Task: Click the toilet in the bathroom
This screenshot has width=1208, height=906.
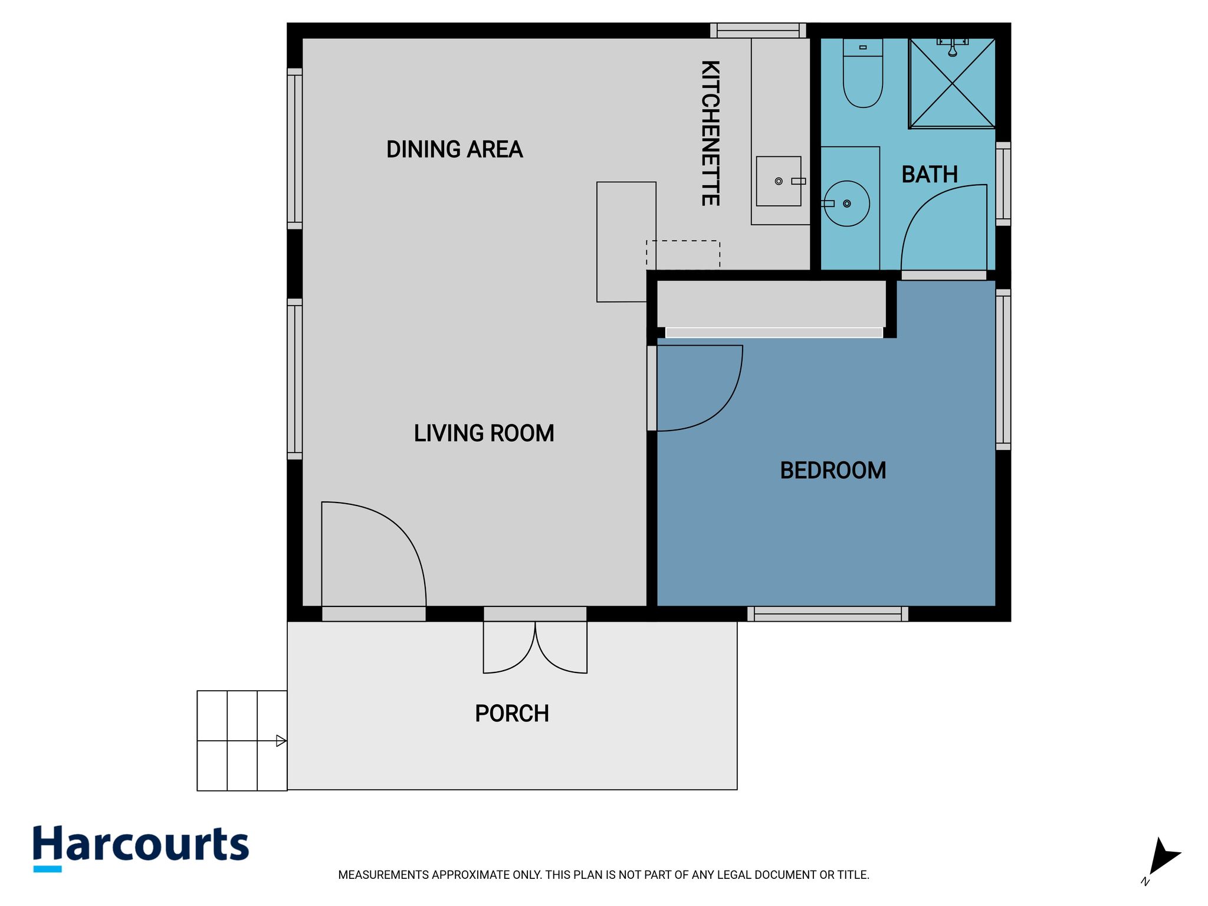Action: (863, 73)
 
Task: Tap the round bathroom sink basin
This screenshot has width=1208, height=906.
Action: (846, 203)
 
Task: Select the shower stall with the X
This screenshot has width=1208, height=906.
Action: (952, 83)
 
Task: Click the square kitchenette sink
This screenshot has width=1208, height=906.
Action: (779, 181)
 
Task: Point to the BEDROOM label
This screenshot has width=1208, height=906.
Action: (833, 471)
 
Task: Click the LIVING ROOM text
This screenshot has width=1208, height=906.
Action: (484, 434)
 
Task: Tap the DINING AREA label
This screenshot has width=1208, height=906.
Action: (454, 149)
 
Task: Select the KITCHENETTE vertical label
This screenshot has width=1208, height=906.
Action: (710, 133)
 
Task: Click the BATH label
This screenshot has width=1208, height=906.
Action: (930, 175)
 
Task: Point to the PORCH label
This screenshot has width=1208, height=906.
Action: (512, 714)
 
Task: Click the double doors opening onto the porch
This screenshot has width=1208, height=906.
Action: (535, 647)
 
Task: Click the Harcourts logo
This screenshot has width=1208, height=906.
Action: (141, 848)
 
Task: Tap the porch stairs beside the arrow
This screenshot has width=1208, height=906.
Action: (242, 741)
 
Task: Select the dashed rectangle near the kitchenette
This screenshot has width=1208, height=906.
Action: (683, 254)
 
